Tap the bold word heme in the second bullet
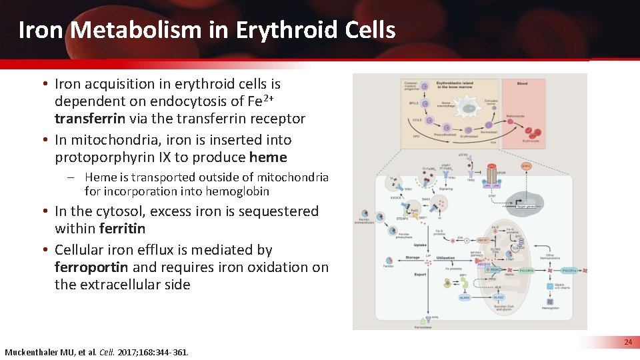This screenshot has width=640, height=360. coord(267,157)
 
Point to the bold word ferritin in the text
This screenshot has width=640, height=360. coord(122,229)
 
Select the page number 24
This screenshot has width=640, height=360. coord(627,342)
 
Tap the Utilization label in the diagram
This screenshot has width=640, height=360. coord(445,257)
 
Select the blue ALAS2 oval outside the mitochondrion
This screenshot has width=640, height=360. coord(465,298)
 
